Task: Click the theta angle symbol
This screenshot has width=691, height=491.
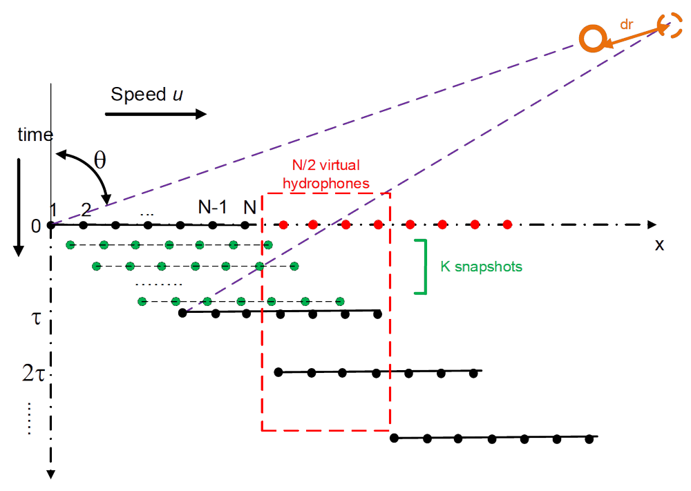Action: click(x=100, y=162)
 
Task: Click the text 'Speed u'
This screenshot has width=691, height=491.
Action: click(x=143, y=95)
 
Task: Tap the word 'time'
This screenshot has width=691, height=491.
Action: click(x=35, y=135)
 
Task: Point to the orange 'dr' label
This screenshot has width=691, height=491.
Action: click(x=627, y=23)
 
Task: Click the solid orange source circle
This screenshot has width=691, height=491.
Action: click(x=593, y=39)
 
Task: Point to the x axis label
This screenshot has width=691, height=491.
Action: click(x=659, y=244)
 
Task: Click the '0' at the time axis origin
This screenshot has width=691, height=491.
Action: click(x=36, y=226)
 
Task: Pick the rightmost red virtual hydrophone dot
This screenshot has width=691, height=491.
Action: click(x=507, y=224)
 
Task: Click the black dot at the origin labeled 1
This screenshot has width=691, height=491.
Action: click(x=51, y=225)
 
